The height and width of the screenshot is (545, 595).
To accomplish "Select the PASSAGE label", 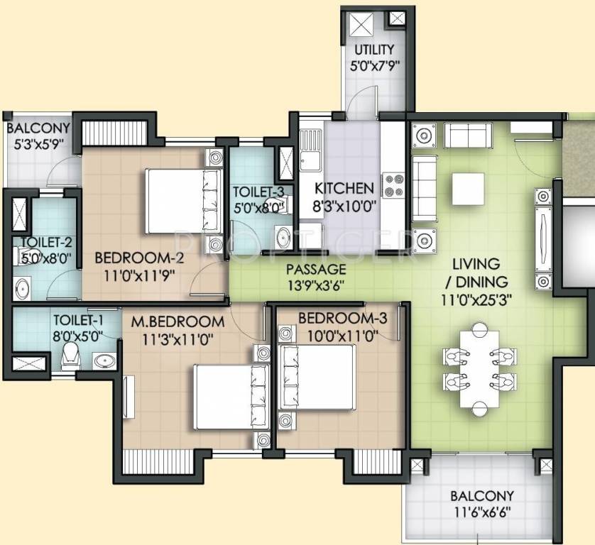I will (316, 270).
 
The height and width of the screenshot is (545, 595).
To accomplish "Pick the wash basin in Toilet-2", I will (21, 289).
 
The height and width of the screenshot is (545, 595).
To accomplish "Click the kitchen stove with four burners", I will (392, 187).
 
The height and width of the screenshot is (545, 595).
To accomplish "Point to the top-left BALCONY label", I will (38, 128).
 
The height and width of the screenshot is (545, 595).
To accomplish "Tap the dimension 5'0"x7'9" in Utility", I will (375, 65).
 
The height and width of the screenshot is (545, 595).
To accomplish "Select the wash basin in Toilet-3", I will (282, 236).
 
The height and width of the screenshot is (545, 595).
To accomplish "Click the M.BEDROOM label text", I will (178, 321).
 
